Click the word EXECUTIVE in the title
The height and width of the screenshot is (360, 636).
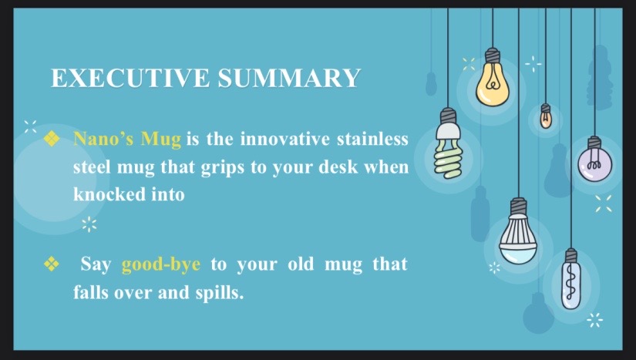tap(130, 78)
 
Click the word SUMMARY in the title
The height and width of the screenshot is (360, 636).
tap(289, 78)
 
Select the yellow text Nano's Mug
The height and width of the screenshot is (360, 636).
tap(127, 139)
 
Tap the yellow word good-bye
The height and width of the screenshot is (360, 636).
tap(161, 264)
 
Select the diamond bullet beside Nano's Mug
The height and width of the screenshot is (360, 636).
tap(52, 138)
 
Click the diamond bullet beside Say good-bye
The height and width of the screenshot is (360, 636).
tap(52, 264)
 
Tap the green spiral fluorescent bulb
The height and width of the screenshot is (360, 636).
tap(448, 143)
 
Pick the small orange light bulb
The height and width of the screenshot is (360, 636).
tap(546, 116)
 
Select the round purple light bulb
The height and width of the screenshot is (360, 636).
tap(594, 159)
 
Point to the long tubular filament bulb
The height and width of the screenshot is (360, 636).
tap(571, 279)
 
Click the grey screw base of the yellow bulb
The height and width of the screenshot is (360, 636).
tap(493, 56)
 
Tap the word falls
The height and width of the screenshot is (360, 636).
tap(91, 292)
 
